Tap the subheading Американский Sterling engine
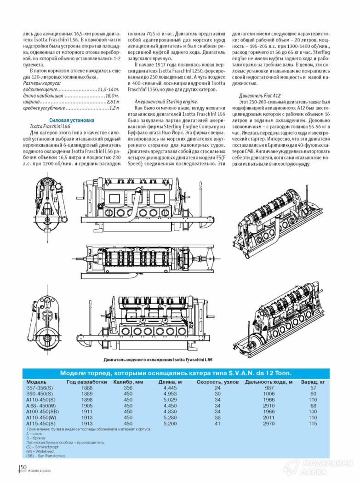click(160, 101)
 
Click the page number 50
click(23, 467)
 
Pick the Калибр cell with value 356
click(128, 388)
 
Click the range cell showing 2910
click(269, 406)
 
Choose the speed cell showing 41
click(217, 423)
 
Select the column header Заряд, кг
click(313, 382)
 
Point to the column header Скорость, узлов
click(217, 382)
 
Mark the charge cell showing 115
click(313, 423)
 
